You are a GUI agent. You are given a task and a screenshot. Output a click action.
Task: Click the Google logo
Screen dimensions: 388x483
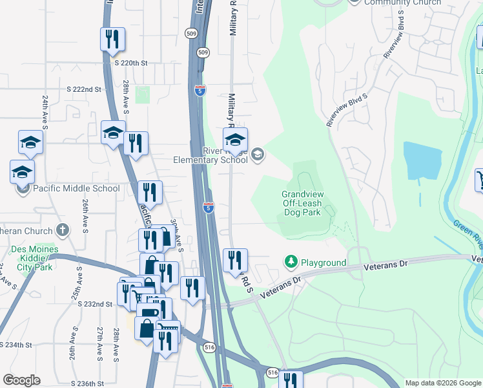pos(21,380)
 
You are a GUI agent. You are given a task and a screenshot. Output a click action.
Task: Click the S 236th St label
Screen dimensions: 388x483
pos(87,383)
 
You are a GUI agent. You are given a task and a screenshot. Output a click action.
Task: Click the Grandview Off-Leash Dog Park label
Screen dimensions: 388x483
pos(303,203)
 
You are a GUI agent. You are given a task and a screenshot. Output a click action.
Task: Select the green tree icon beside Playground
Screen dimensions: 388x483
pos(291,262)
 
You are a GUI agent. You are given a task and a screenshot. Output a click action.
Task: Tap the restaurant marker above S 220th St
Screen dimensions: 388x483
pos(113,40)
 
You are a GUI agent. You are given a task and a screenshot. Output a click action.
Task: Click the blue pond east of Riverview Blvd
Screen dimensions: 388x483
pos(423,159)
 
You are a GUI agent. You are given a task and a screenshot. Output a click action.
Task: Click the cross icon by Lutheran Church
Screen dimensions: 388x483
pos(62,229)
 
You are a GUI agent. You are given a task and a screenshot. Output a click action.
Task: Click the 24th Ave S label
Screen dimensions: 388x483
pos(46,111)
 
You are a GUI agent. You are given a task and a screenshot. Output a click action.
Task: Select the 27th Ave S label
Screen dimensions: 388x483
pos(100,343)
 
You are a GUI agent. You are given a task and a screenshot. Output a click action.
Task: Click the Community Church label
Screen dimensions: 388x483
pos(403,3)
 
